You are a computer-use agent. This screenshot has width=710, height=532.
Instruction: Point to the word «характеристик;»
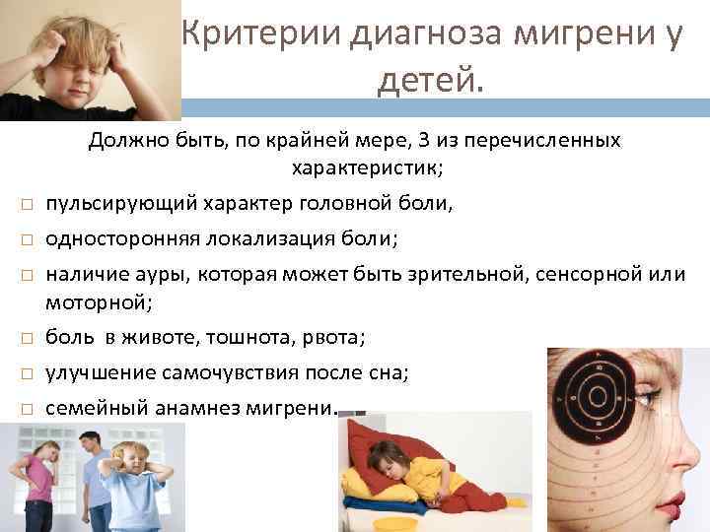(367, 168)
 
